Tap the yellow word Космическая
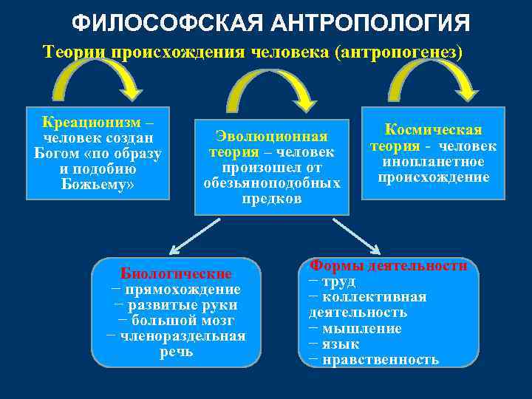pos(433,130)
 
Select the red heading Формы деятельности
pos(389,265)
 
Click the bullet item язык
pos(341,344)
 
